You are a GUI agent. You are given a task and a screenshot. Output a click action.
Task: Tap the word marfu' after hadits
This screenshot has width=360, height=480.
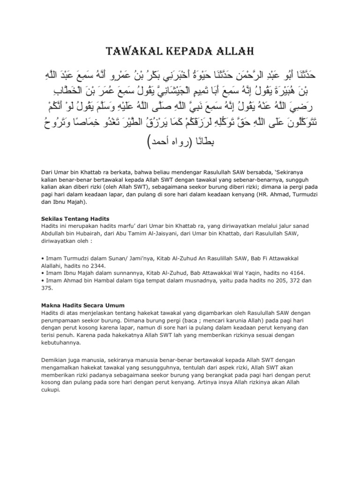109,226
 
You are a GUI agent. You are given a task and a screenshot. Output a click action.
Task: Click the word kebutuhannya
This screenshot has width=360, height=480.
58,342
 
